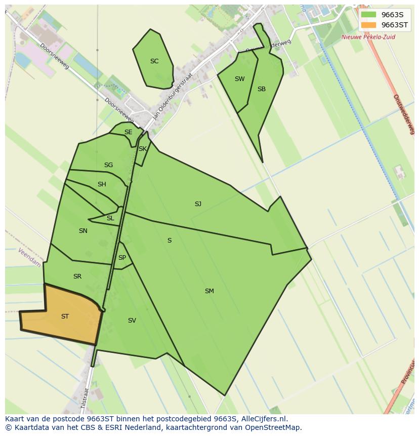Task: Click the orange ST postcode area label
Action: pyautogui.click(x=65, y=316)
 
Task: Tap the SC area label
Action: pyautogui.click(x=154, y=61)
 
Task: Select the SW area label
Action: pyautogui.click(x=239, y=79)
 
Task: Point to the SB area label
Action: pyautogui.click(x=261, y=89)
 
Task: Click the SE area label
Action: pyautogui.click(x=128, y=132)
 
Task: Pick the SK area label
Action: pyautogui.click(x=142, y=149)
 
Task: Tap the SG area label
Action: pyautogui.click(x=108, y=165)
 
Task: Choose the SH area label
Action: pyautogui.click(x=102, y=184)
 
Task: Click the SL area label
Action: pyautogui.click(x=110, y=218)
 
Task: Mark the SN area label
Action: pyautogui.click(x=83, y=231)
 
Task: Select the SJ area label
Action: pyautogui.click(x=198, y=204)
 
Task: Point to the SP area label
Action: pyautogui.click(x=122, y=258)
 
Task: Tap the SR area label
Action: pyautogui.click(x=77, y=276)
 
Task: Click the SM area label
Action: pyautogui.click(x=209, y=291)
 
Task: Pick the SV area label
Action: pyautogui.click(x=132, y=321)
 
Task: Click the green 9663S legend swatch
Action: pyautogui.click(x=369, y=15)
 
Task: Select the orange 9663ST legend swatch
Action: pyautogui.click(x=369, y=25)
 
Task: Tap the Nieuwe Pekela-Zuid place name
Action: pyautogui.click(x=368, y=37)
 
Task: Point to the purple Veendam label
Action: pyautogui.click(x=29, y=258)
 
